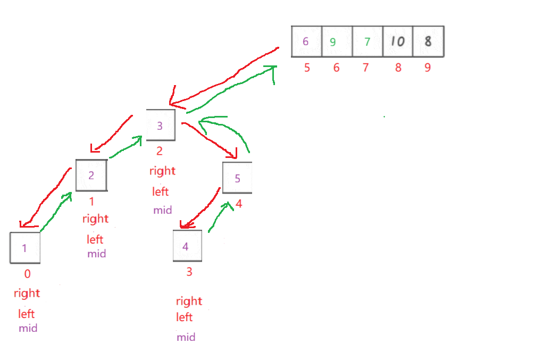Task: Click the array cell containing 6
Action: tap(306, 41)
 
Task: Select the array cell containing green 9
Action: tap(337, 41)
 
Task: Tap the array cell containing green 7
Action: tap(367, 41)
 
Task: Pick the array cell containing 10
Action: tap(397, 41)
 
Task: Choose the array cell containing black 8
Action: tap(428, 41)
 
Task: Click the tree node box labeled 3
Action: tap(160, 125)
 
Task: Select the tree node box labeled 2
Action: tap(91, 175)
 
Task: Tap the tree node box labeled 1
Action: tap(25, 247)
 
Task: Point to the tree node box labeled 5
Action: tap(237, 178)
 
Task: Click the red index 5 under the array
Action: tap(307, 68)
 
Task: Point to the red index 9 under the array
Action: tap(428, 68)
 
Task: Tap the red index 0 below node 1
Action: tap(28, 274)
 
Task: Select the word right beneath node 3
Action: tap(162, 171)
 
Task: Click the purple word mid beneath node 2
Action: tap(97, 254)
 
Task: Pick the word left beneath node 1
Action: tap(27, 314)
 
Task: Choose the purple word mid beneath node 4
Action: tap(186, 337)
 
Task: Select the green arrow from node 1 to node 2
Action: tap(55, 213)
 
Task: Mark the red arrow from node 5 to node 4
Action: tap(201, 208)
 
